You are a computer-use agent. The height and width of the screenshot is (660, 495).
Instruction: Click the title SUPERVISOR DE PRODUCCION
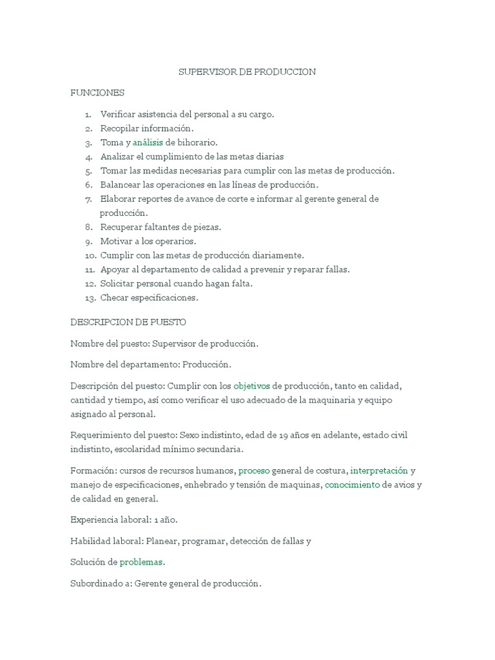(247, 72)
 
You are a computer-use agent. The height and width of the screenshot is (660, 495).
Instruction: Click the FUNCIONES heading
(97, 93)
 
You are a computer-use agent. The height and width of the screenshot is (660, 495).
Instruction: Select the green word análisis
(148, 142)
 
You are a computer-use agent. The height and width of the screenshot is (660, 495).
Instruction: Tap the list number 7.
(88, 199)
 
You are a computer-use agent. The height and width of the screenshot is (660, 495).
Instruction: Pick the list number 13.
(90, 298)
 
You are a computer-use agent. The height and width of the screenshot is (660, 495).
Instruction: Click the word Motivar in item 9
(115, 241)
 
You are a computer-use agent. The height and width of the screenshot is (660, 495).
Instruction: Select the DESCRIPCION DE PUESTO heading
(128, 322)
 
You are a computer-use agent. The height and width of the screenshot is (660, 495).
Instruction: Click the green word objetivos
(251, 386)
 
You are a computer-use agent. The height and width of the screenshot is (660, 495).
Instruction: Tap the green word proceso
(254, 471)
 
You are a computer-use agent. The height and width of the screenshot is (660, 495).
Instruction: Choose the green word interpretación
(378, 471)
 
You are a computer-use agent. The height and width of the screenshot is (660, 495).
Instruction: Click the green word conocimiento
(352, 485)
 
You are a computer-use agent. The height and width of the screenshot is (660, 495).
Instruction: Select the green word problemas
(141, 562)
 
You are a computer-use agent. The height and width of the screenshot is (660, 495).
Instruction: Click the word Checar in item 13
(115, 298)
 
